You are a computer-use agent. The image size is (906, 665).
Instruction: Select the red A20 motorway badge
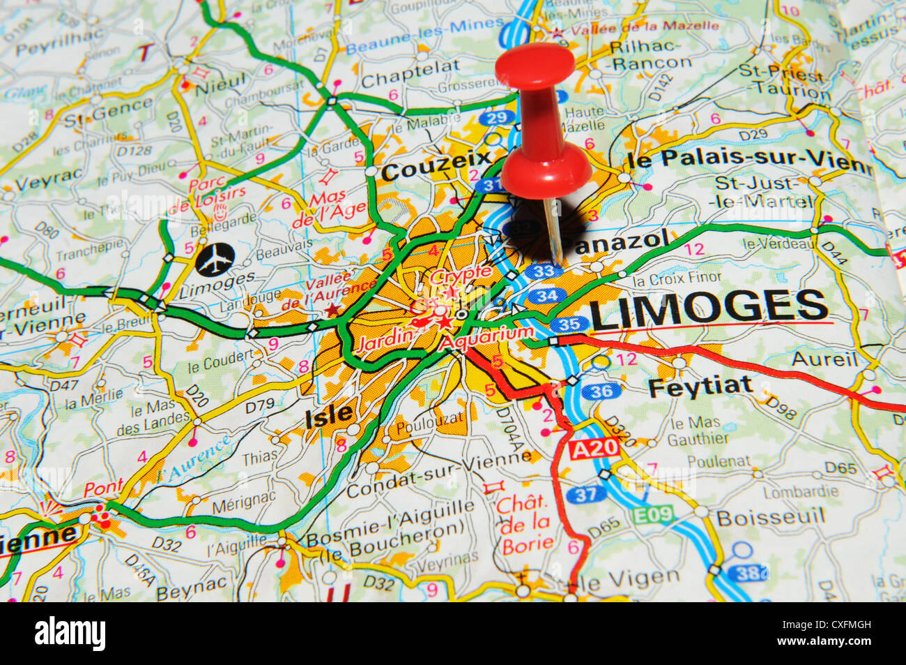pos(594,449)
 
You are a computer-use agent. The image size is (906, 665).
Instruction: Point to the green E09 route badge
pos(653,515)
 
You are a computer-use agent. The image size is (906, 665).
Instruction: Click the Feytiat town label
pos(700,386)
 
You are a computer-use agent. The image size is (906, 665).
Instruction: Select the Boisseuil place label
pos(770,517)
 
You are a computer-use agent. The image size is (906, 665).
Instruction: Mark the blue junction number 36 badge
pos(600,391)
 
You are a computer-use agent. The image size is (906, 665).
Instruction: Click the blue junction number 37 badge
pos(586,495)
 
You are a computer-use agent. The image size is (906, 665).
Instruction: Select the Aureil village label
pos(824,359)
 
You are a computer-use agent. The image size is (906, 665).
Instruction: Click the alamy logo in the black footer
pos(70,634)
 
